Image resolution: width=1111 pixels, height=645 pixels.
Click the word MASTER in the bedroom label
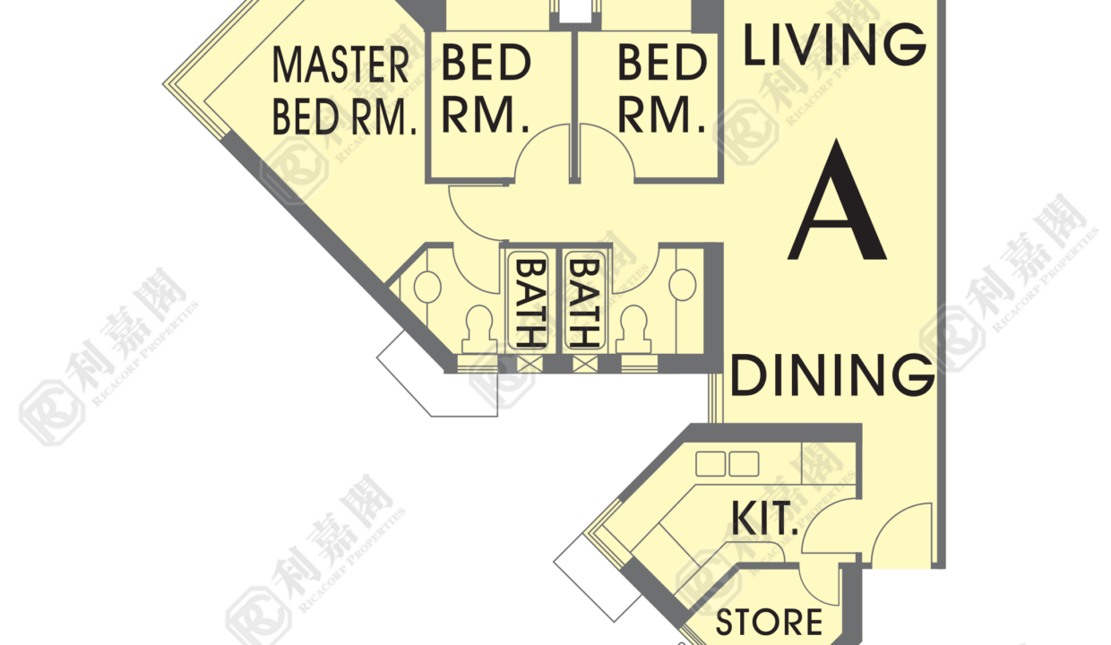(x=340, y=64)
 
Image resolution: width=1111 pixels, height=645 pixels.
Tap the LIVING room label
(x=835, y=45)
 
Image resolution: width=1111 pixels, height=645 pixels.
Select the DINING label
(x=832, y=375)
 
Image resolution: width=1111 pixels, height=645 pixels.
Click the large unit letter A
(x=837, y=200)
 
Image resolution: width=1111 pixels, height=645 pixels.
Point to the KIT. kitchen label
(x=764, y=518)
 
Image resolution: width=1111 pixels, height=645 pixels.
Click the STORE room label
(x=770, y=623)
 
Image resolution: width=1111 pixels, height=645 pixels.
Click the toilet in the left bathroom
(x=479, y=330)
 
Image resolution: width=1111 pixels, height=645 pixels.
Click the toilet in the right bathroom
(x=633, y=330)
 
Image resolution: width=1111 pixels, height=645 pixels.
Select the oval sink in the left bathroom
(x=427, y=287)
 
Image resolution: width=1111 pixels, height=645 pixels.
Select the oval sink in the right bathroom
(x=683, y=285)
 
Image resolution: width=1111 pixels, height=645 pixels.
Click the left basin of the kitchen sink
(x=711, y=464)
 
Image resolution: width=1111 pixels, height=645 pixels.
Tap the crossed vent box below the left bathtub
(x=530, y=365)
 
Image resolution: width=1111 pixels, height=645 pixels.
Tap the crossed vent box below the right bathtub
(x=585, y=365)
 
